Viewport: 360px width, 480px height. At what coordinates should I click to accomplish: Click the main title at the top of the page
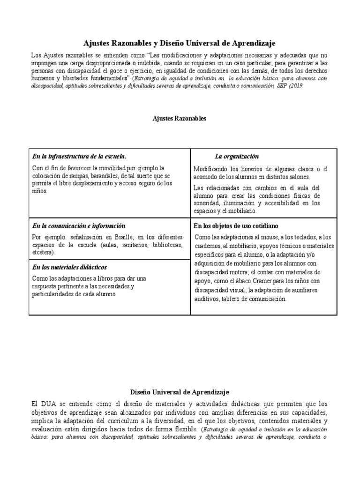[x=180, y=43]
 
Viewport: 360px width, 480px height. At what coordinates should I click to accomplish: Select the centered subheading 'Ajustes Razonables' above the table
[x=180, y=119]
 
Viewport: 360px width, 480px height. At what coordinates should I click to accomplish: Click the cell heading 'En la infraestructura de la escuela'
[x=79, y=156]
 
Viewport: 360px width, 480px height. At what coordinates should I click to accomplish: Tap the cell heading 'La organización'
[x=237, y=156]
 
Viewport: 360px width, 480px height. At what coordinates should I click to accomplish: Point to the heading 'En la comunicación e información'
[x=78, y=226]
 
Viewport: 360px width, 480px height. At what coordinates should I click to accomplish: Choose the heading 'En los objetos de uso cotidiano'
[x=236, y=226]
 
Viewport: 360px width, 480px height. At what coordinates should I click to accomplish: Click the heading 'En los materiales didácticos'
[x=70, y=267]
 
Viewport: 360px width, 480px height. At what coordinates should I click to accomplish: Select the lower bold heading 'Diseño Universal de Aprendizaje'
[x=180, y=391]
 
